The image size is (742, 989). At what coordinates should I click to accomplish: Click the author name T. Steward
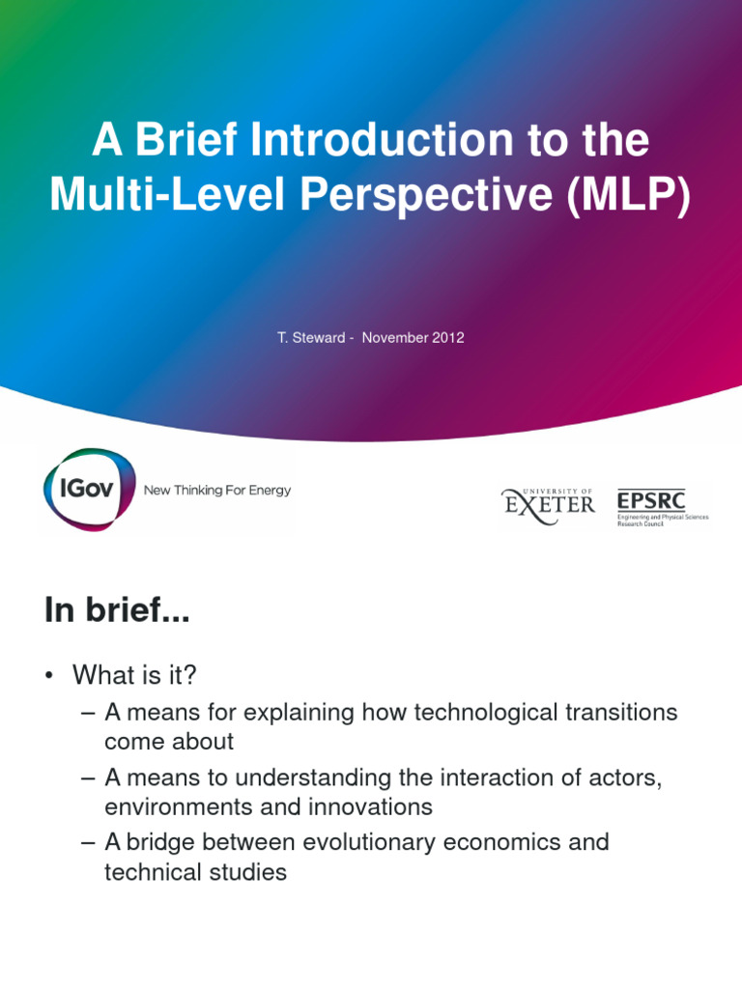click(310, 338)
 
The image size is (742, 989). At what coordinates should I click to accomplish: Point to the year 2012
click(447, 338)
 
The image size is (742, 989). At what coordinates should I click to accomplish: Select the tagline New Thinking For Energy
click(216, 491)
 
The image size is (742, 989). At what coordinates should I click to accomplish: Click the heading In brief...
click(117, 611)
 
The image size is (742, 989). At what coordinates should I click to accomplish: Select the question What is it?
click(127, 674)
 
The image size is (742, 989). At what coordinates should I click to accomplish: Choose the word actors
click(626, 778)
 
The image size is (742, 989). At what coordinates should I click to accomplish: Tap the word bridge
click(158, 842)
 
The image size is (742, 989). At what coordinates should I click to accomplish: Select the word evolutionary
click(368, 842)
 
